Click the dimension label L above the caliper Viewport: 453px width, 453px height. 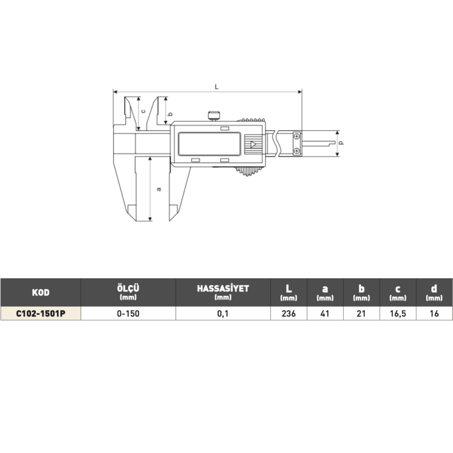(216, 86)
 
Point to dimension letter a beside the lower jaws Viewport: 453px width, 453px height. (159, 189)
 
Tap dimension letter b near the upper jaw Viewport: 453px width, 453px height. (170, 114)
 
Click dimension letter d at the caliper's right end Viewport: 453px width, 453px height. (342, 143)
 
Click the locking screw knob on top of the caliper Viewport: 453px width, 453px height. (214, 115)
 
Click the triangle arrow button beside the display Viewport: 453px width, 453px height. (253, 144)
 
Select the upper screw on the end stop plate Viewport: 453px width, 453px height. (296, 136)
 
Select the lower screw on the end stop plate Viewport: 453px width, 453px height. (296, 151)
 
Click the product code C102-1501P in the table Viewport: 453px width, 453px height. (41, 313)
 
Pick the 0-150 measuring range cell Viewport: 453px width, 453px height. (128, 313)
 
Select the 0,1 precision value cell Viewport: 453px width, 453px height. (223, 313)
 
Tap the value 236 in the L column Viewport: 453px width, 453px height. (288, 313)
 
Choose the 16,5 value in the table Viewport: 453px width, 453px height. (398, 313)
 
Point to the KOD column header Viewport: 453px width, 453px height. (41, 293)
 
